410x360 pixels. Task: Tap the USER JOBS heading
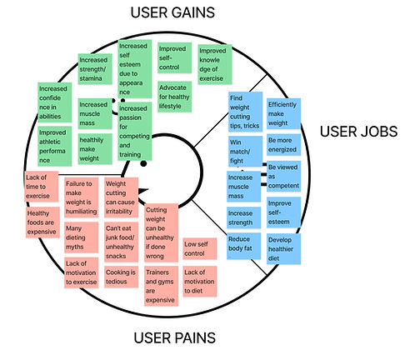tap(357, 131)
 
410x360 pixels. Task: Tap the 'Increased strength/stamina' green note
tap(94, 66)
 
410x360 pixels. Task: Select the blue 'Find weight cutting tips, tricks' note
tap(244, 112)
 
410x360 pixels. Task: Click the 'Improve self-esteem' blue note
tap(282, 212)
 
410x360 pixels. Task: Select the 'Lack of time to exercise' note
tap(41, 186)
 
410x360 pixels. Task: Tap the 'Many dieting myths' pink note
tap(80, 238)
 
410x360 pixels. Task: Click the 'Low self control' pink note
tap(199, 247)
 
